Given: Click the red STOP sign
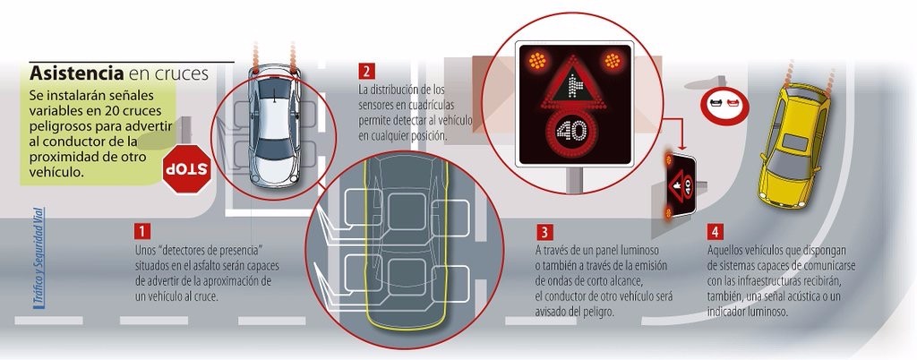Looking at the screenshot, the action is [186, 169].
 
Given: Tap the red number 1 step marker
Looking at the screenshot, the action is [142, 231].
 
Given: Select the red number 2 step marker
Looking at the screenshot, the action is [366, 72].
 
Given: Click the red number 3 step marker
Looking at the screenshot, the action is [544, 231].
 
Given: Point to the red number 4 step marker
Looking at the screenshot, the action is [715, 231].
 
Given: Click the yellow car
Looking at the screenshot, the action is [793, 145].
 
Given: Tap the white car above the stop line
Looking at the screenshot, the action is [274, 125].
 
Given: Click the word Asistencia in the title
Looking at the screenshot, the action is [77, 73].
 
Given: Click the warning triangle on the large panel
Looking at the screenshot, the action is [574, 82].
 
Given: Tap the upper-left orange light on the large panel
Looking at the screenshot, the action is [537, 60].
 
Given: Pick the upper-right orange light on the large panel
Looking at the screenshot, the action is [613, 60].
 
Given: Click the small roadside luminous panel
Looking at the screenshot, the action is [681, 185].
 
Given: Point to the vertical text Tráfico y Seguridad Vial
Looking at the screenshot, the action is [39, 257].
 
